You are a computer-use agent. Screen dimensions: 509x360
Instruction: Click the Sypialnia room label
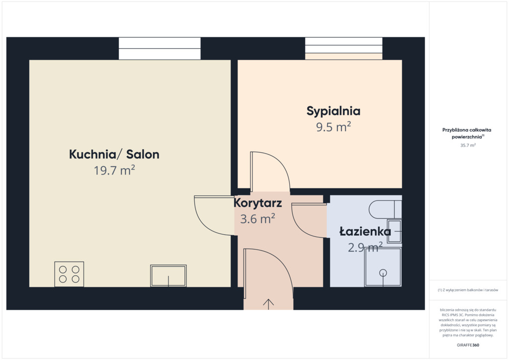point(334,111)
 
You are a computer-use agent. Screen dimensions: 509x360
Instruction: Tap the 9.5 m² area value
point(334,127)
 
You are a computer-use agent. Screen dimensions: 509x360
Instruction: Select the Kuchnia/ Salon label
point(114,154)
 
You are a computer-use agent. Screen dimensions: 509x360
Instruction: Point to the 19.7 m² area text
point(114,170)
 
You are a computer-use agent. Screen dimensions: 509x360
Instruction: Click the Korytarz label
point(258,203)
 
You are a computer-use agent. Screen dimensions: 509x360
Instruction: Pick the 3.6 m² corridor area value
point(257,219)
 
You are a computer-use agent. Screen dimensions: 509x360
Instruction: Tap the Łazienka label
point(365,231)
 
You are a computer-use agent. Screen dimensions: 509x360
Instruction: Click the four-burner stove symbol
point(69,274)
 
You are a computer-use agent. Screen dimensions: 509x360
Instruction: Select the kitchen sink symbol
point(168,276)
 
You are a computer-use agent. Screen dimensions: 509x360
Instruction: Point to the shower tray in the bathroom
point(383,267)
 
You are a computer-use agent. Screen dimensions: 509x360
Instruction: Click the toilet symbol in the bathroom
point(385,209)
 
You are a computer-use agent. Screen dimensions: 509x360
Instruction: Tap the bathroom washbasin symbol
point(395,231)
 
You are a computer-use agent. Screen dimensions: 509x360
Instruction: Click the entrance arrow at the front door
point(268,304)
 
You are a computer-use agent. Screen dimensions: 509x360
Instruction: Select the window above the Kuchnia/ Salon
point(160,48)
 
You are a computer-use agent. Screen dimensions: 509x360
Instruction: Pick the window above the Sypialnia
point(344,48)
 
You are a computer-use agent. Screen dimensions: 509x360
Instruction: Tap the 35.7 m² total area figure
point(468,145)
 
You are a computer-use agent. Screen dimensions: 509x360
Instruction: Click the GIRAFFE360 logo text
point(468,345)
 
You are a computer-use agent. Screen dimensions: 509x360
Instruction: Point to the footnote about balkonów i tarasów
point(468,290)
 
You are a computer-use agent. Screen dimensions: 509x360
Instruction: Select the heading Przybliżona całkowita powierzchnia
point(467,133)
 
